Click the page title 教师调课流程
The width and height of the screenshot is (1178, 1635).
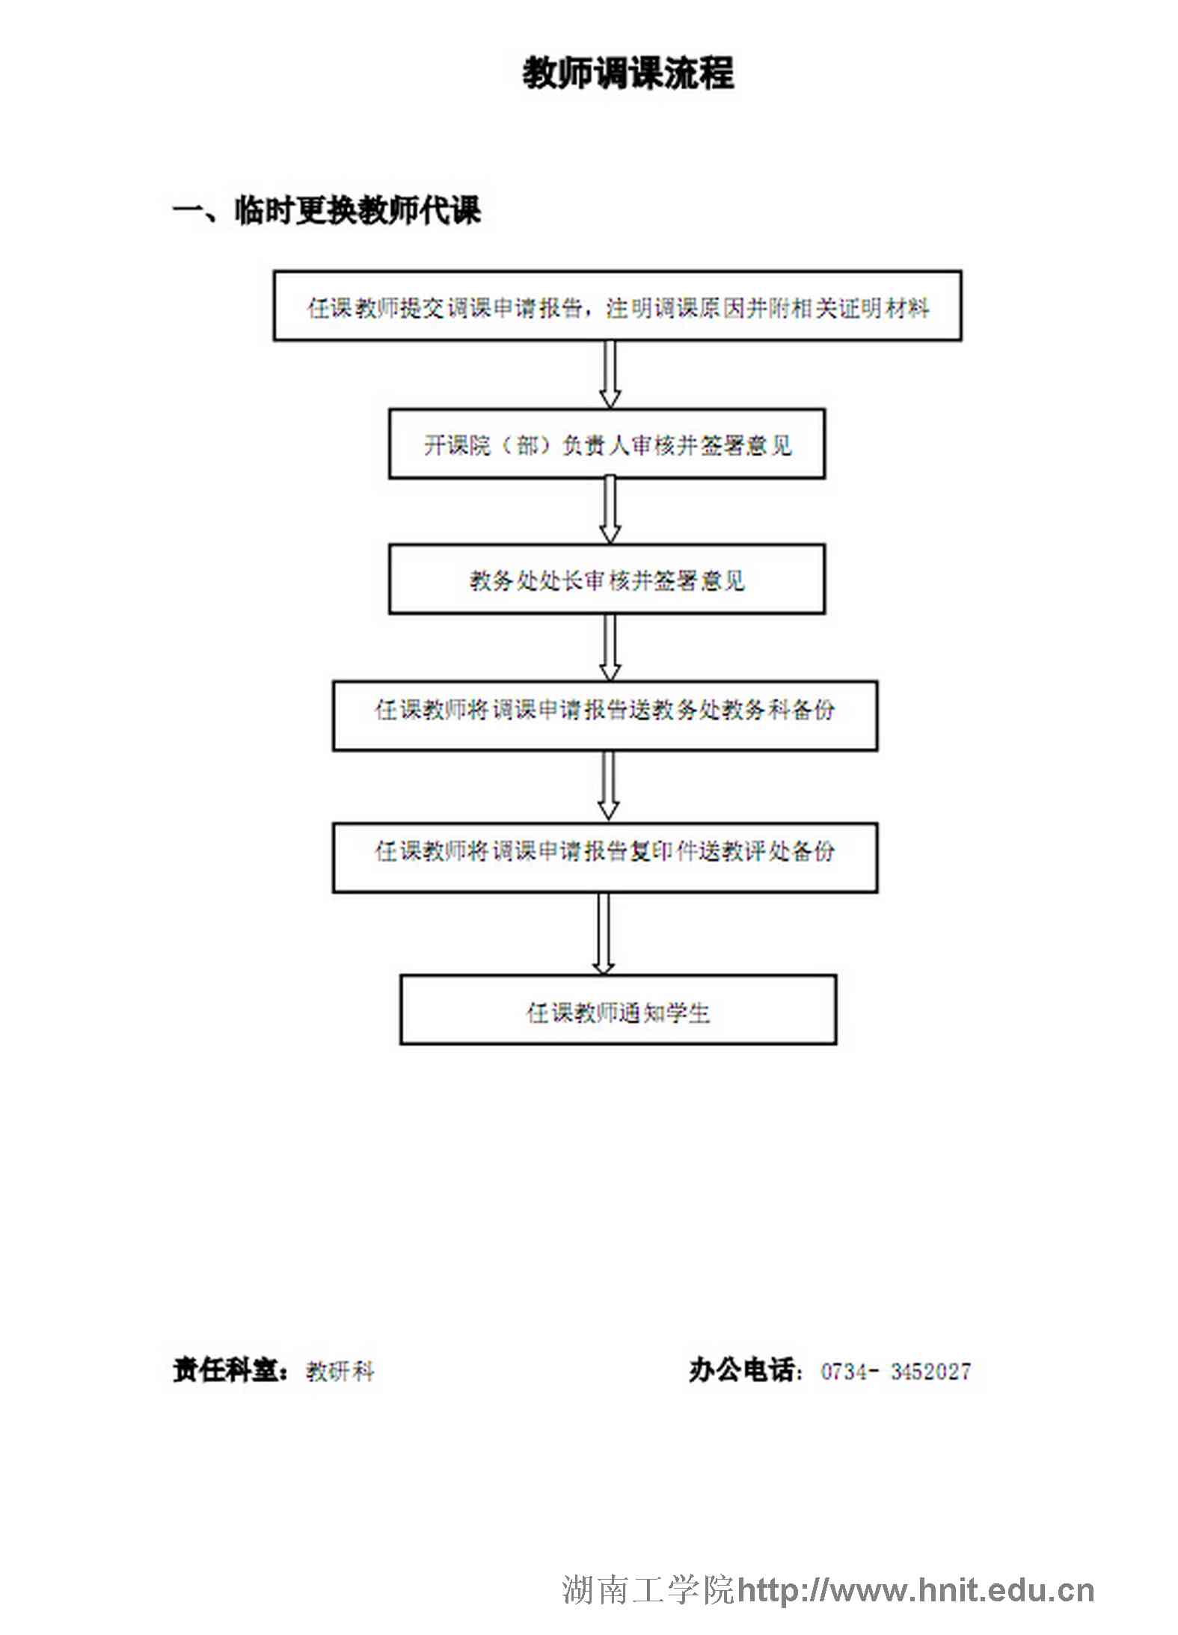click(x=628, y=73)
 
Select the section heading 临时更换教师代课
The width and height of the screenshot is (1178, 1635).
click(x=358, y=210)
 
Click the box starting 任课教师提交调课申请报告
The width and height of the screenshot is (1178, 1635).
click(x=617, y=306)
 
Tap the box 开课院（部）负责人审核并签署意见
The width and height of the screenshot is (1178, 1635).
click(x=607, y=444)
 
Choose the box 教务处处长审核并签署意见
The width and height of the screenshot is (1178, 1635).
click(x=607, y=580)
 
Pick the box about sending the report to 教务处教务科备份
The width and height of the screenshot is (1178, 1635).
click(x=605, y=715)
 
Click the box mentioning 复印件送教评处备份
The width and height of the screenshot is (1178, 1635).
click(x=605, y=858)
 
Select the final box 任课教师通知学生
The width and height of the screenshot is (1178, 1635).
click(x=618, y=1010)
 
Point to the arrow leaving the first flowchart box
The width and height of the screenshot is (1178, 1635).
click(x=610, y=375)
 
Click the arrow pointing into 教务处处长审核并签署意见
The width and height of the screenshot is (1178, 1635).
click(x=610, y=511)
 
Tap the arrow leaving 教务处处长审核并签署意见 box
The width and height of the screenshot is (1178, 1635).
click(x=610, y=648)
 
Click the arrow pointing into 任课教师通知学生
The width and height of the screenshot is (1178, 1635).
click(x=604, y=934)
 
